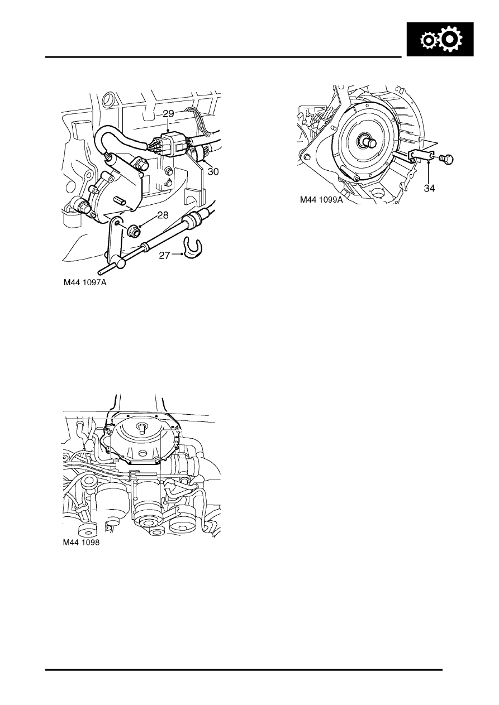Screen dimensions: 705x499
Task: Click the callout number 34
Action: tap(429, 189)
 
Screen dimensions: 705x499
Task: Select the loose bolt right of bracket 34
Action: tap(447, 159)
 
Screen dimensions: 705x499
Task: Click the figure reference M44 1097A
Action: tap(84, 283)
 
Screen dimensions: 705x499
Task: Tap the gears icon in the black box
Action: tap(441, 41)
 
